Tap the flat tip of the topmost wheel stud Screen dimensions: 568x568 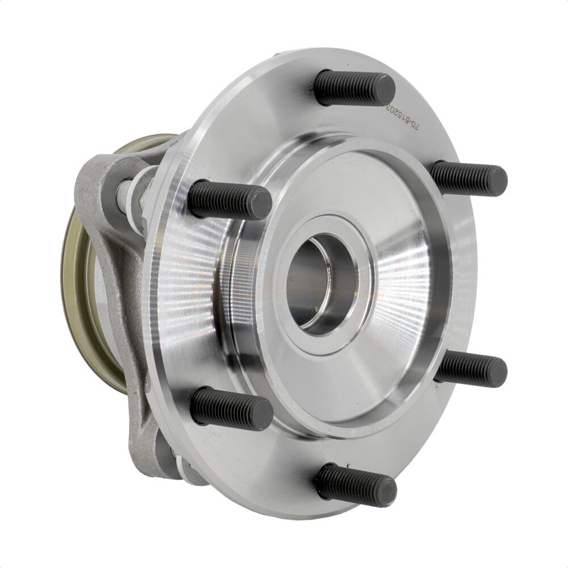click(x=383, y=90)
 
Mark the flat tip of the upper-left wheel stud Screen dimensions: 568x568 click(x=261, y=203)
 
